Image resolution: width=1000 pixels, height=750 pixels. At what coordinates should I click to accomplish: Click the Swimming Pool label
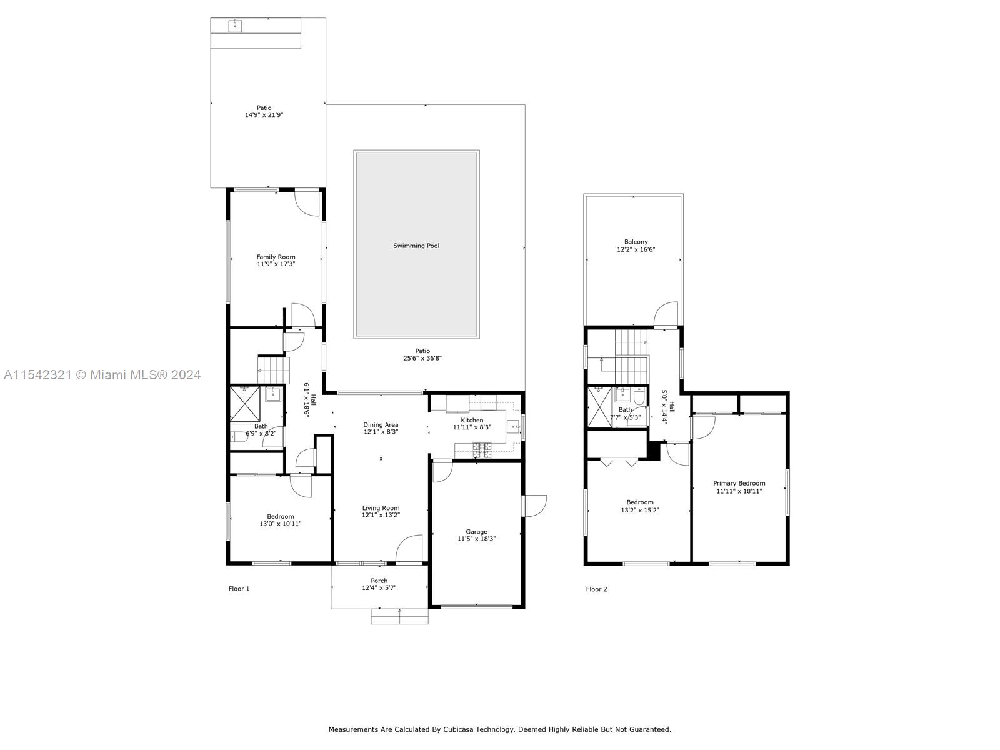point(416,246)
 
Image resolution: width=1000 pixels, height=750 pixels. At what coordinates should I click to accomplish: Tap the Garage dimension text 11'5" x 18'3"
point(476,539)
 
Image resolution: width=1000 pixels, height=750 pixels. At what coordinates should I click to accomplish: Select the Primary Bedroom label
point(739,483)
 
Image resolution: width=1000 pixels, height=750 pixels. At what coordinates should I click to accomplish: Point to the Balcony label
point(636,242)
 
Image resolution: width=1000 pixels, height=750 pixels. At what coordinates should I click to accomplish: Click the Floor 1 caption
point(239,589)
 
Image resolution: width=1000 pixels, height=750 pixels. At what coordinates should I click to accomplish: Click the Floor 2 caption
point(596,589)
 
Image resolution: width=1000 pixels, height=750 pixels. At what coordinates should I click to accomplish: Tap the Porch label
point(379,581)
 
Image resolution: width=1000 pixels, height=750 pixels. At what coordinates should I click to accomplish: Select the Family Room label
point(276,257)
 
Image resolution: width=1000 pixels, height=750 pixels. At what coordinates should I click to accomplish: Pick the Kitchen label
point(472,420)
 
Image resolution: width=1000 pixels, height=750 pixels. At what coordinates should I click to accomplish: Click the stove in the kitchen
point(482,450)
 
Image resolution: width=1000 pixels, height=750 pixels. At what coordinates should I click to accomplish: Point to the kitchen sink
point(514,427)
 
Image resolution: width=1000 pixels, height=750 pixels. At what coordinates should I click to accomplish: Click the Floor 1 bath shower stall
point(244,404)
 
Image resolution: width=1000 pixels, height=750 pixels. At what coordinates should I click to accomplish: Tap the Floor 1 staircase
point(274,371)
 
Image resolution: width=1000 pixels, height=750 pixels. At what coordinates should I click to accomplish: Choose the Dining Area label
point(381,425)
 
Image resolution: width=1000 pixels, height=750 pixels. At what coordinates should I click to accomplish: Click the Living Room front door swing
point(409,549)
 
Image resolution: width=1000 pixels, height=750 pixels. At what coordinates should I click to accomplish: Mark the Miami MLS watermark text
point(102,375)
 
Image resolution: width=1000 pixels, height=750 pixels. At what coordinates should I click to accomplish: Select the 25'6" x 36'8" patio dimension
point(422,358)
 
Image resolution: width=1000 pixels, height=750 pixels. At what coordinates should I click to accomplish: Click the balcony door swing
point(666,314)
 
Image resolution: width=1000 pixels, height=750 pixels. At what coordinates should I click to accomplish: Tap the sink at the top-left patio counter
point(235,26)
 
